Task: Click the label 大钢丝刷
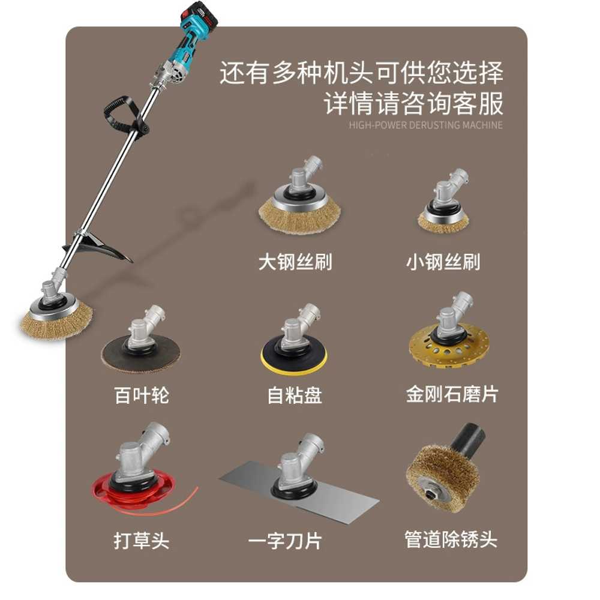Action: pos(295,262)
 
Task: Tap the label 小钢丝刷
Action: pos(443,262)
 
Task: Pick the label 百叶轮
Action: pos(141,395)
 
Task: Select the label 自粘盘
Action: pos(295,395)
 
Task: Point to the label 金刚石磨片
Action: pos(452,394)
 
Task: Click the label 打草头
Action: pos(141,541)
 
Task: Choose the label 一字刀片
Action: pos(285,541)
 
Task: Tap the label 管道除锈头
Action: pos(451,539)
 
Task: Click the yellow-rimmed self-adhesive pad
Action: pos(294,356)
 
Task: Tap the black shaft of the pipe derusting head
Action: pos(467,439)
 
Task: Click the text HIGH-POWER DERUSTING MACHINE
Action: pos(425,125)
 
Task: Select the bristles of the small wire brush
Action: pos(443,224)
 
